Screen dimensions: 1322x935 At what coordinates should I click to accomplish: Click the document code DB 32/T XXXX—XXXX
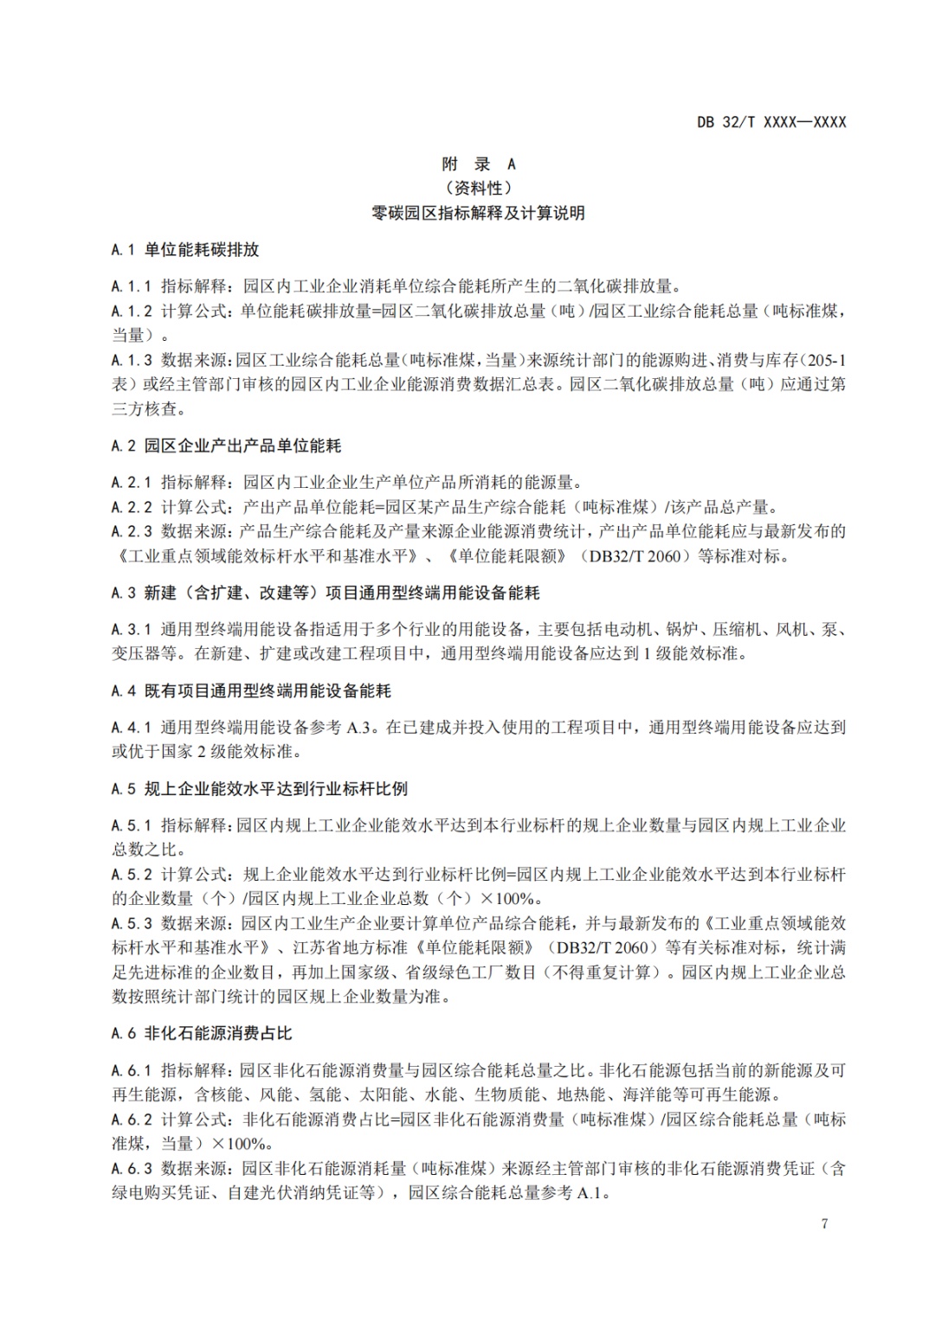click(771, 122)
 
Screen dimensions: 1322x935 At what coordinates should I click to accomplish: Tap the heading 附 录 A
click(479, 164)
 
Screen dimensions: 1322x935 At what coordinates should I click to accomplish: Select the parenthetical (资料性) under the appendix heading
click(479, 188)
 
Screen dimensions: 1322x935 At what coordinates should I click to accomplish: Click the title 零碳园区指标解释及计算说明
click(479, 213)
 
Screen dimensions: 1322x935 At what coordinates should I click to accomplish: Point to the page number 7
click(824, 1223)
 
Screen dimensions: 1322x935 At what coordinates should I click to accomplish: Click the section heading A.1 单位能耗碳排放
click(185, 250)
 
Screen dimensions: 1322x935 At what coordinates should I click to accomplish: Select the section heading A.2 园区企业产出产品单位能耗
click(226, 446)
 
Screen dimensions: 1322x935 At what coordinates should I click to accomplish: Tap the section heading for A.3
click(326, 593)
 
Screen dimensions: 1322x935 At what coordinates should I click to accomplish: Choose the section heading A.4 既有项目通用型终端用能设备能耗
click(251, 690)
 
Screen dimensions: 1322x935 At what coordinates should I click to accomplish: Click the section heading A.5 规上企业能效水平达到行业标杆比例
click(259, 788)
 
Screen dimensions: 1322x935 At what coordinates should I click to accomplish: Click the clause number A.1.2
click(132, 311)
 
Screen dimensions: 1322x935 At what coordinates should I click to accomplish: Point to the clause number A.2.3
click(132, 531)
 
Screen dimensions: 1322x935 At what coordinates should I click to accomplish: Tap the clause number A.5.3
click(132, 922)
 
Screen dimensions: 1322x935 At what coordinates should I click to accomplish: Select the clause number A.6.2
click(132, 1119)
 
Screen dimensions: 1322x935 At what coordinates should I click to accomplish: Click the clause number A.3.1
click(132, 629)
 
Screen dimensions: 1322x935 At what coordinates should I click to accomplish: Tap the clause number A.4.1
click(132, 727)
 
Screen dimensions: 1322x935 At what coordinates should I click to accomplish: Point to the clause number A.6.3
click(132, 1168)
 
